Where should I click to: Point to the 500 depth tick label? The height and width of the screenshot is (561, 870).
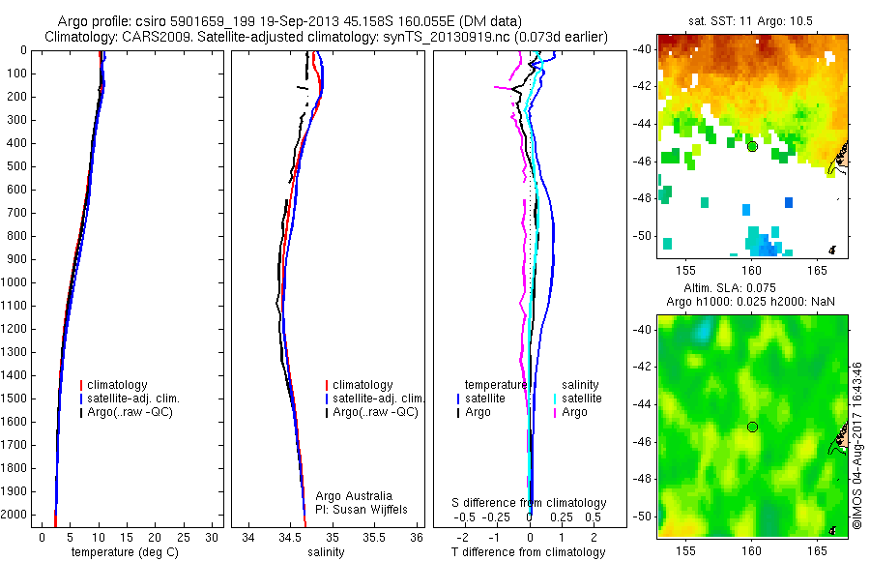coord(17,166)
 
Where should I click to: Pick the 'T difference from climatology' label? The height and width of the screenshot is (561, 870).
coord(529,552)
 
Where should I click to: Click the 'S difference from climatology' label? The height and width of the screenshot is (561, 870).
coord(530,503)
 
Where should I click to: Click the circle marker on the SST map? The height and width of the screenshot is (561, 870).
coord(752,146)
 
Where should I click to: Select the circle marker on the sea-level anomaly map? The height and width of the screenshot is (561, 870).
coord(752,427)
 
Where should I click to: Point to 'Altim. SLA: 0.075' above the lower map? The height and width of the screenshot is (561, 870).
coord(752,289)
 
